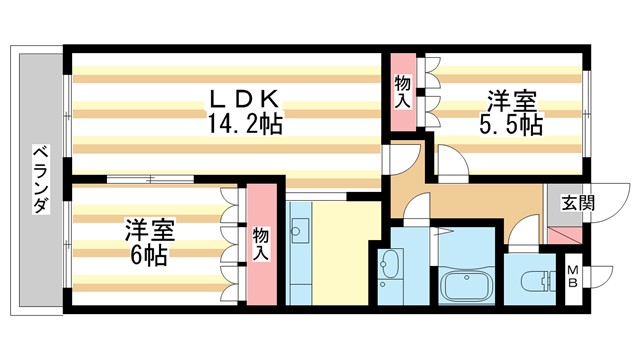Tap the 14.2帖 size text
[x=245, y=125]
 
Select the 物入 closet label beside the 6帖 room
[x=261, y=244]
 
